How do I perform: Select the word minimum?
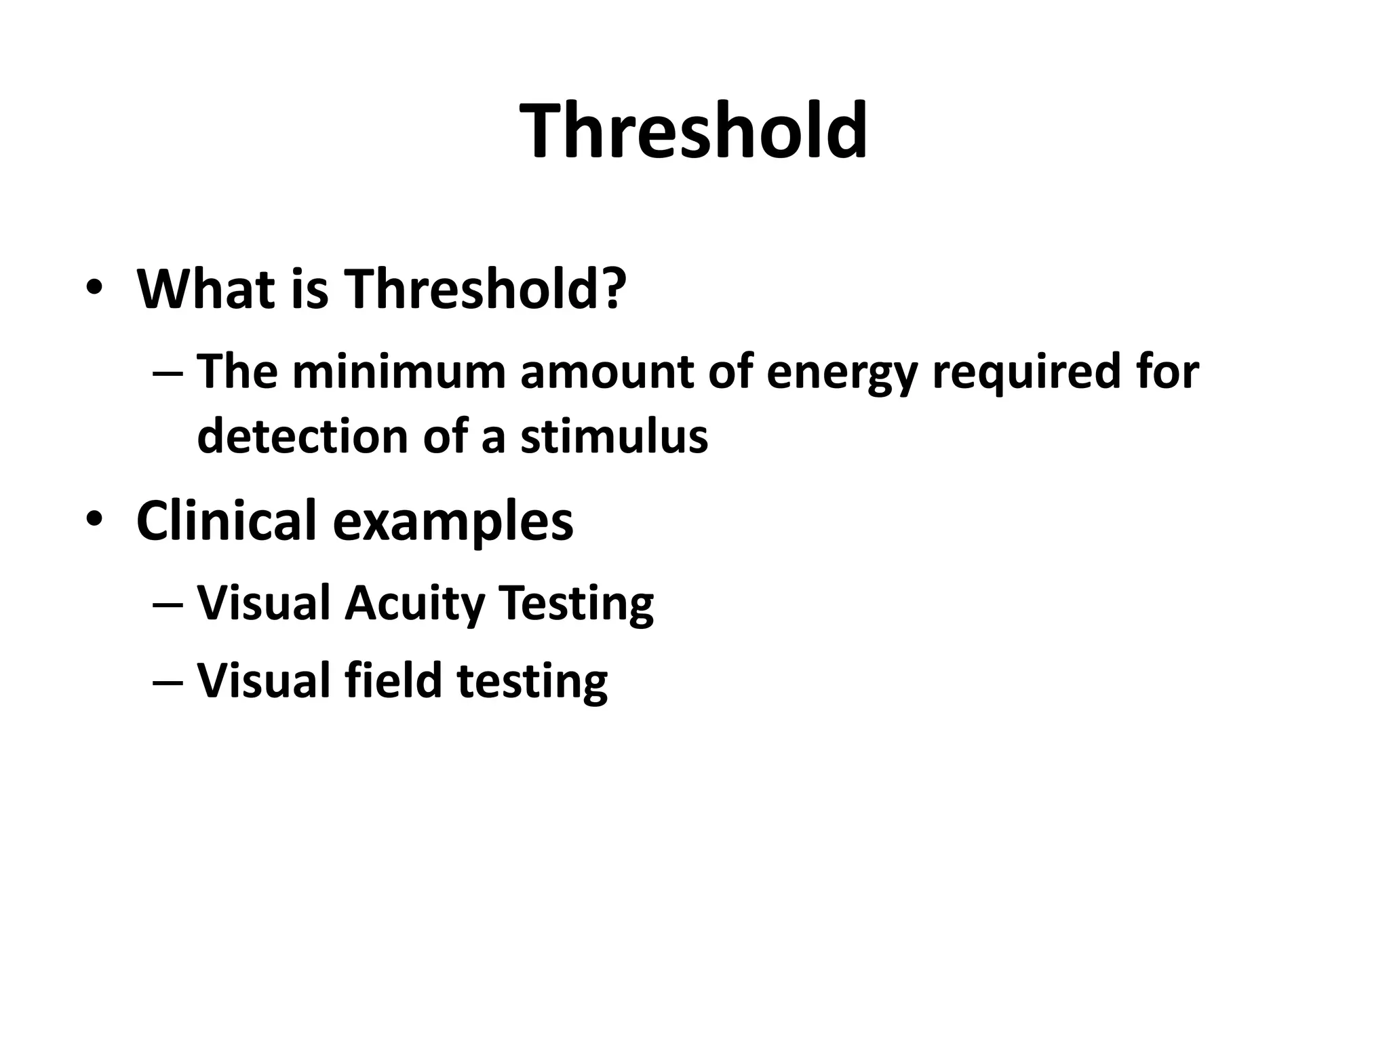click(x=399, y=372)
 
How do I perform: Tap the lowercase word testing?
click(x=532, y=682)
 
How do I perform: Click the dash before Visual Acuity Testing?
click(x=168, y=603)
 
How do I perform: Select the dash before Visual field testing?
click(x=168, y=680)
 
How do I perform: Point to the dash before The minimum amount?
click(x=168, y=372)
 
